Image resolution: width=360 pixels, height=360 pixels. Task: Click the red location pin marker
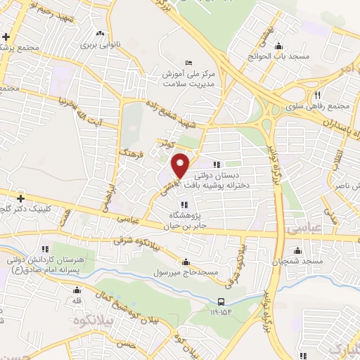(x=181, y=165)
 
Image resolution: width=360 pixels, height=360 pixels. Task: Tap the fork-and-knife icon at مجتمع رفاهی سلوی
(x=318, y=95)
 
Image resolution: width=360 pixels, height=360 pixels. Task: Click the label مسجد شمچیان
(x=300, y=262)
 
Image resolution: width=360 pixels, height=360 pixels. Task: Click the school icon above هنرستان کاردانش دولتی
(x=46, y=249)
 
